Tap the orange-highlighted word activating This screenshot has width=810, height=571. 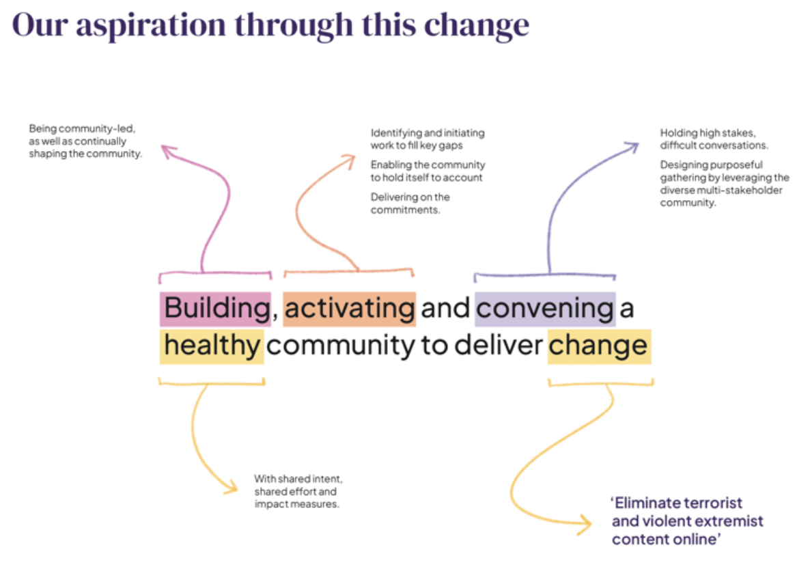[x=349, y=309]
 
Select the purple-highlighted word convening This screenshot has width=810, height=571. [x=545, y=309]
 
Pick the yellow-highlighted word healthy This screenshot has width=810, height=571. [x=212, y=346]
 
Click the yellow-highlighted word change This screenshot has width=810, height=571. [x=599, y=346]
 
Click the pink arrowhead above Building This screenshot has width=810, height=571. [x=169, y=152]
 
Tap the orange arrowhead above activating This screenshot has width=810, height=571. [x=349, y=161]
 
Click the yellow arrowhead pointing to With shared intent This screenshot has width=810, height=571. [x=231, y=487]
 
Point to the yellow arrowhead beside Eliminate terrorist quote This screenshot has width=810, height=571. [x=584, y=525]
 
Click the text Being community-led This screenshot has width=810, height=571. [x=82, y=128]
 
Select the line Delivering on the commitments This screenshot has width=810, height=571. [x=410, y=204]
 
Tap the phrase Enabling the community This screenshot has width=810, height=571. [x=428, y=165]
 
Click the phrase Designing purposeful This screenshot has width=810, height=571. [x=711, y=165]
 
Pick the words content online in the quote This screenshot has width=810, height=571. [x=666, y=540]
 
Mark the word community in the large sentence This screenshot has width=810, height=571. [x=340, y=346]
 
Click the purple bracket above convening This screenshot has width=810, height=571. [x=545, y=275]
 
